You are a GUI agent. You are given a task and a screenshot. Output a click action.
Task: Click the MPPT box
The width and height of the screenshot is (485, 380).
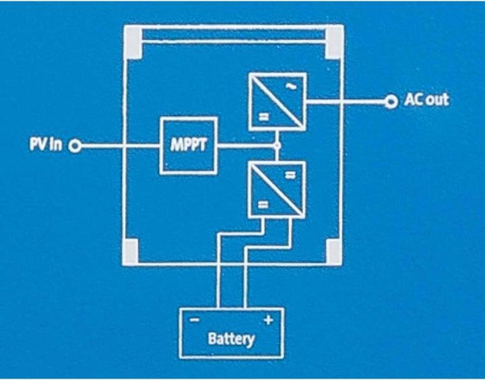(x=188, y=145)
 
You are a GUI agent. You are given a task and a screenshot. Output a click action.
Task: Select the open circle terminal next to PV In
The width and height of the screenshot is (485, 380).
(x=76, y=146)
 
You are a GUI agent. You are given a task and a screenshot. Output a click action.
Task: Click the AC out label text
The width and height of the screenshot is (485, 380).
(x=426, y=101)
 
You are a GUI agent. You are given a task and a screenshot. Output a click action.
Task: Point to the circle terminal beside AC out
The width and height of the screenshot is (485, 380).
(x=391, y=102)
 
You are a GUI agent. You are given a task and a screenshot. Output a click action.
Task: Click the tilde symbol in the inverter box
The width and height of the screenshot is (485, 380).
(x=291, y=86)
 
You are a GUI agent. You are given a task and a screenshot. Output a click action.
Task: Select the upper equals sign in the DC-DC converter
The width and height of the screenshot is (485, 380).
(x=291, y=175)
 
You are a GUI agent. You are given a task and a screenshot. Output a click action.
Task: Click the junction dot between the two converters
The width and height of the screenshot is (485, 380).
(x=277, y=146)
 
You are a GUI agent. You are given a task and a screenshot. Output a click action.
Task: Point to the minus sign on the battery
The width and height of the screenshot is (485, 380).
(x=195, y=321)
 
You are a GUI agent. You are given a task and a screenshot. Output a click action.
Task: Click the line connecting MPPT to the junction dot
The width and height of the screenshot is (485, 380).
(x=246, y=146)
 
